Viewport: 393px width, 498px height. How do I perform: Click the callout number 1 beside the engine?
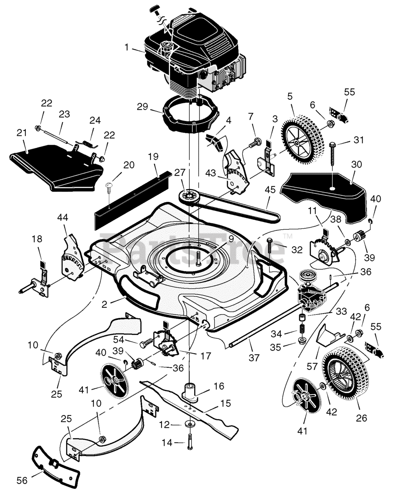point(126,47)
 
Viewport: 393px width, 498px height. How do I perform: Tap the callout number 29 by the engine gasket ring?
point(142,106)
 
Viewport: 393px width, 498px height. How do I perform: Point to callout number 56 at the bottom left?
point(22,480)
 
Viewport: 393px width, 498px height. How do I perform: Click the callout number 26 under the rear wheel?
point(361,418)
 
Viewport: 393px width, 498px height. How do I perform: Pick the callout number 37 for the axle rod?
point(254,357)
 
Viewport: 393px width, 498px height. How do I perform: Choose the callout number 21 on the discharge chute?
point(22,133)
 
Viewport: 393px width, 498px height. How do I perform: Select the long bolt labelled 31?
point(333,158)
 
